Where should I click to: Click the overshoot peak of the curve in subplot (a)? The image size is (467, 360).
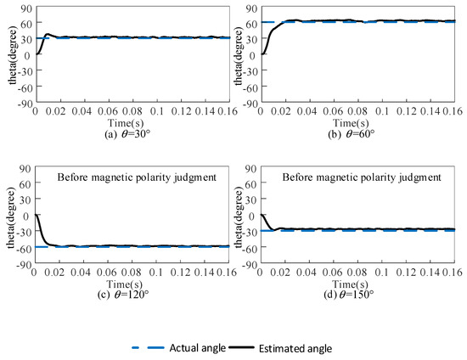pos(48,34)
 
